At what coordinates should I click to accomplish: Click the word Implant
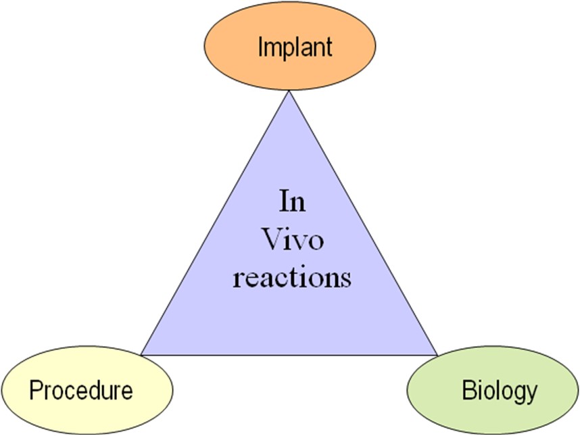(x=295, y=47)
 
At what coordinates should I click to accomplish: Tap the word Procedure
(x=81, y=390)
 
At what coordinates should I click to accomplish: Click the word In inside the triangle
(x=292, y=201)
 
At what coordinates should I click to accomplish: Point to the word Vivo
(x=293, y=239)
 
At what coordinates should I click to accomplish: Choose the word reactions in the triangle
(x=292, y=277)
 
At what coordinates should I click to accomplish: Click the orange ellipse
(x=289, y=46)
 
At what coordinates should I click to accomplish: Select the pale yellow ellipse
(x=87, y=390)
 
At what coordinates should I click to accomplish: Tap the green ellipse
(x=493, y=390)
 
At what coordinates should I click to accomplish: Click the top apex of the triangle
(x=289, y=91)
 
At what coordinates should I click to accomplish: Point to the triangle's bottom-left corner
(x=141, y=355)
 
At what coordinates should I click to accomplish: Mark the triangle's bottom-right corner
(x=437, y=355)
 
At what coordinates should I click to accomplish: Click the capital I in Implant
(x=260, y=46)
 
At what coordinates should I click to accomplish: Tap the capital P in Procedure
(x=37, y=390)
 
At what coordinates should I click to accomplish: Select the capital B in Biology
(x=469, y=390)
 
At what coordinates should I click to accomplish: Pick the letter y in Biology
(x=531, y=395)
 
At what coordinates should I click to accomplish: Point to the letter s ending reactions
(x=346, y=280)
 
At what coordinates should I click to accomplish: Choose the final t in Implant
(x=328, y=48)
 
